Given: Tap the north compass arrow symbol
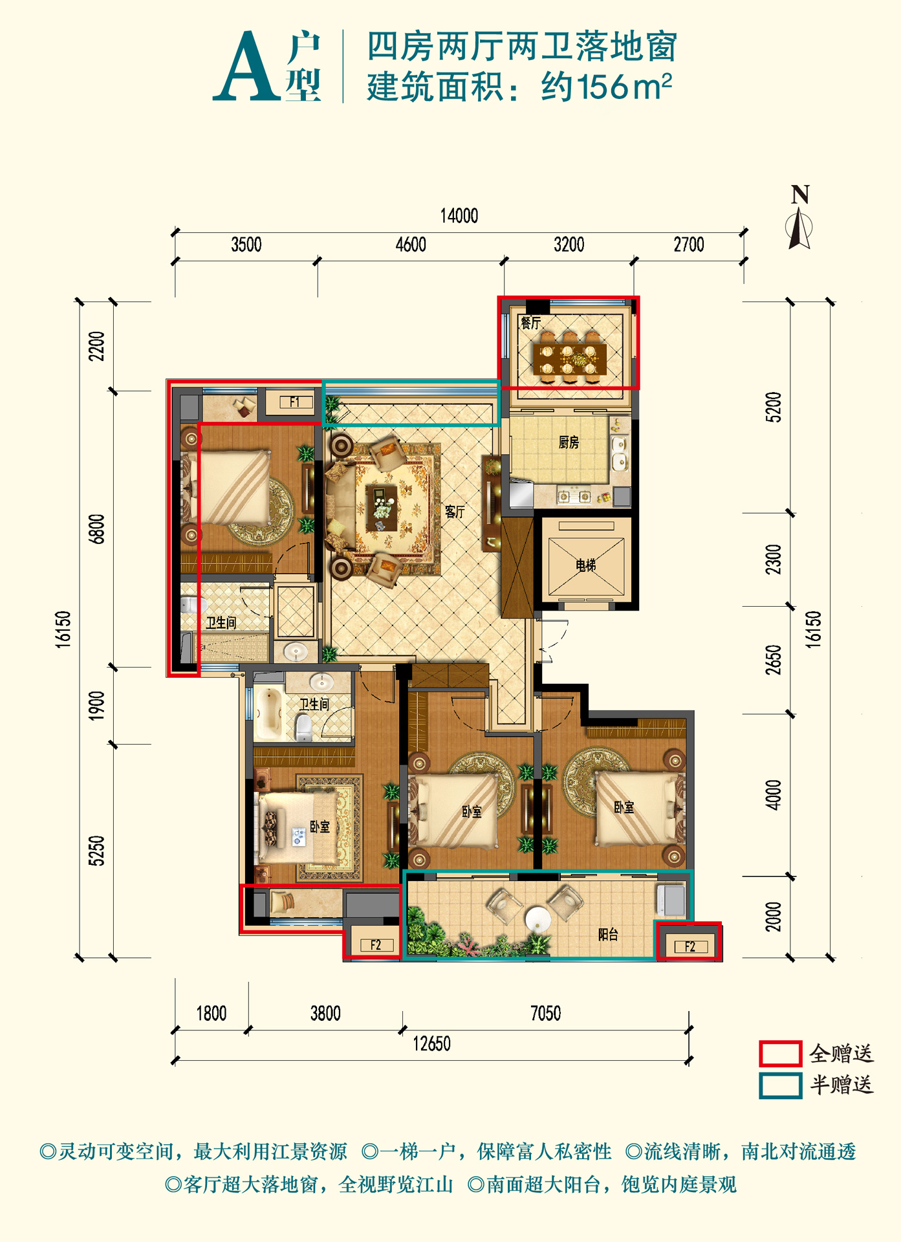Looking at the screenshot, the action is tap(799, 228).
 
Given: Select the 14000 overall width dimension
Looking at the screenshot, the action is tap(459, 215).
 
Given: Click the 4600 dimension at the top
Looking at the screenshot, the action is tap(411, 245).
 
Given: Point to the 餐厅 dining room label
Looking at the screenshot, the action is tap(530, 322).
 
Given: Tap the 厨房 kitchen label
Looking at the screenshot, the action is tap(569, 442).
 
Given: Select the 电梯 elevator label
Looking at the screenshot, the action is tap(586, 565).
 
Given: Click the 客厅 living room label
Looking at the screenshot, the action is tap(455, 512).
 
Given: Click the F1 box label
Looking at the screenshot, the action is tap(294, 402).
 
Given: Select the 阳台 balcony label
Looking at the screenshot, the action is tap(608, 934).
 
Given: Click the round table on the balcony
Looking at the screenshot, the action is tap(537, 919).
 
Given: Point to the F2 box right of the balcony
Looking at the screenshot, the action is tap(689, 946).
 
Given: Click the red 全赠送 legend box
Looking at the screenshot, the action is tap(781, 1053).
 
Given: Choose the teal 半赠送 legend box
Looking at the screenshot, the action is tap(781, 1085).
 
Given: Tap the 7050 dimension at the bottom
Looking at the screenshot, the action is tap(545, 1013).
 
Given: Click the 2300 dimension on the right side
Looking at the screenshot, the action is tap(774, 560).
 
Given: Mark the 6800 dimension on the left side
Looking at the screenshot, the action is tap(96, 528).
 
